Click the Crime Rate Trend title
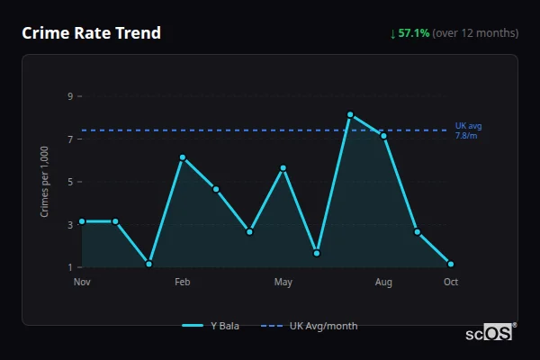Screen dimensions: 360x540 92,33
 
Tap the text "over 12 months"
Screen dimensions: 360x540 475,33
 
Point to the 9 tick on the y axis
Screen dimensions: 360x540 69,95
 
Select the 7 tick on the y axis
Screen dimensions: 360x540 69,139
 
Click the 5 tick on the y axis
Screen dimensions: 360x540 69,182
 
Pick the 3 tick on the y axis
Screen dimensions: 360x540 69,224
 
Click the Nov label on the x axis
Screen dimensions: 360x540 82,283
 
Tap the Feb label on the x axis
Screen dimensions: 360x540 182,283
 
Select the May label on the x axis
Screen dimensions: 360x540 283,283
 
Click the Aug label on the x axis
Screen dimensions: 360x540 383,283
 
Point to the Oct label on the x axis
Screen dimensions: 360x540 451,283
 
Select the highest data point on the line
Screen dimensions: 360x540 350,114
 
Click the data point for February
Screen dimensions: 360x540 182,157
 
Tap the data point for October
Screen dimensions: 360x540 451,265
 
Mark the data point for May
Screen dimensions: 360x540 283,168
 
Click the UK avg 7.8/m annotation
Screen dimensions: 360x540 468,130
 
